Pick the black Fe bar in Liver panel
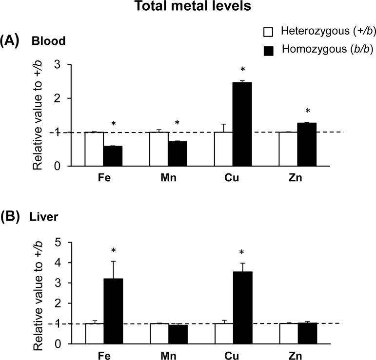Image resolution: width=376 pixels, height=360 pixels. tap(113, 311)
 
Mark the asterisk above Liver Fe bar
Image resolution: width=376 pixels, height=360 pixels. tap(113, 251)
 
